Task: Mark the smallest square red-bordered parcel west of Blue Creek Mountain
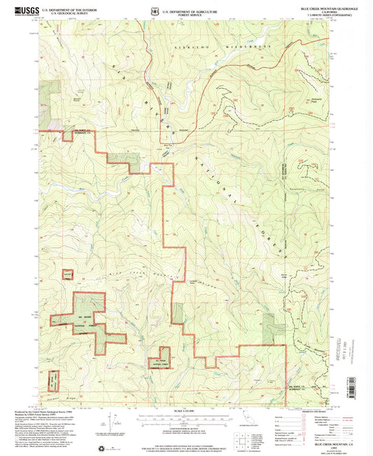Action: click(68, 275)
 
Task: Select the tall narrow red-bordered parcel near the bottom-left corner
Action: click(54, 379)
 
